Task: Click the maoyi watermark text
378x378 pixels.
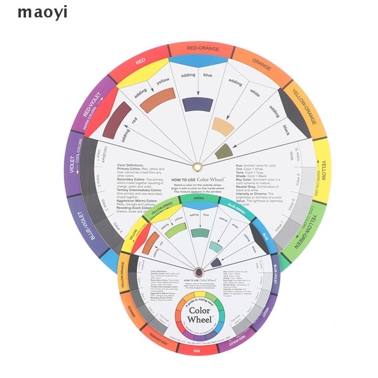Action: pyautogui.click(x=43, y=13)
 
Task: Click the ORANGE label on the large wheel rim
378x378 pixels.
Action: pyautogui.click(x=261, y=64)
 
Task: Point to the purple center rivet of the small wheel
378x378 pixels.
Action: pyautogui.click(x=199, y=272)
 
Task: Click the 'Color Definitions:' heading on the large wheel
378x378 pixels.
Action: pyautogui.click(x=130, y=165)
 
